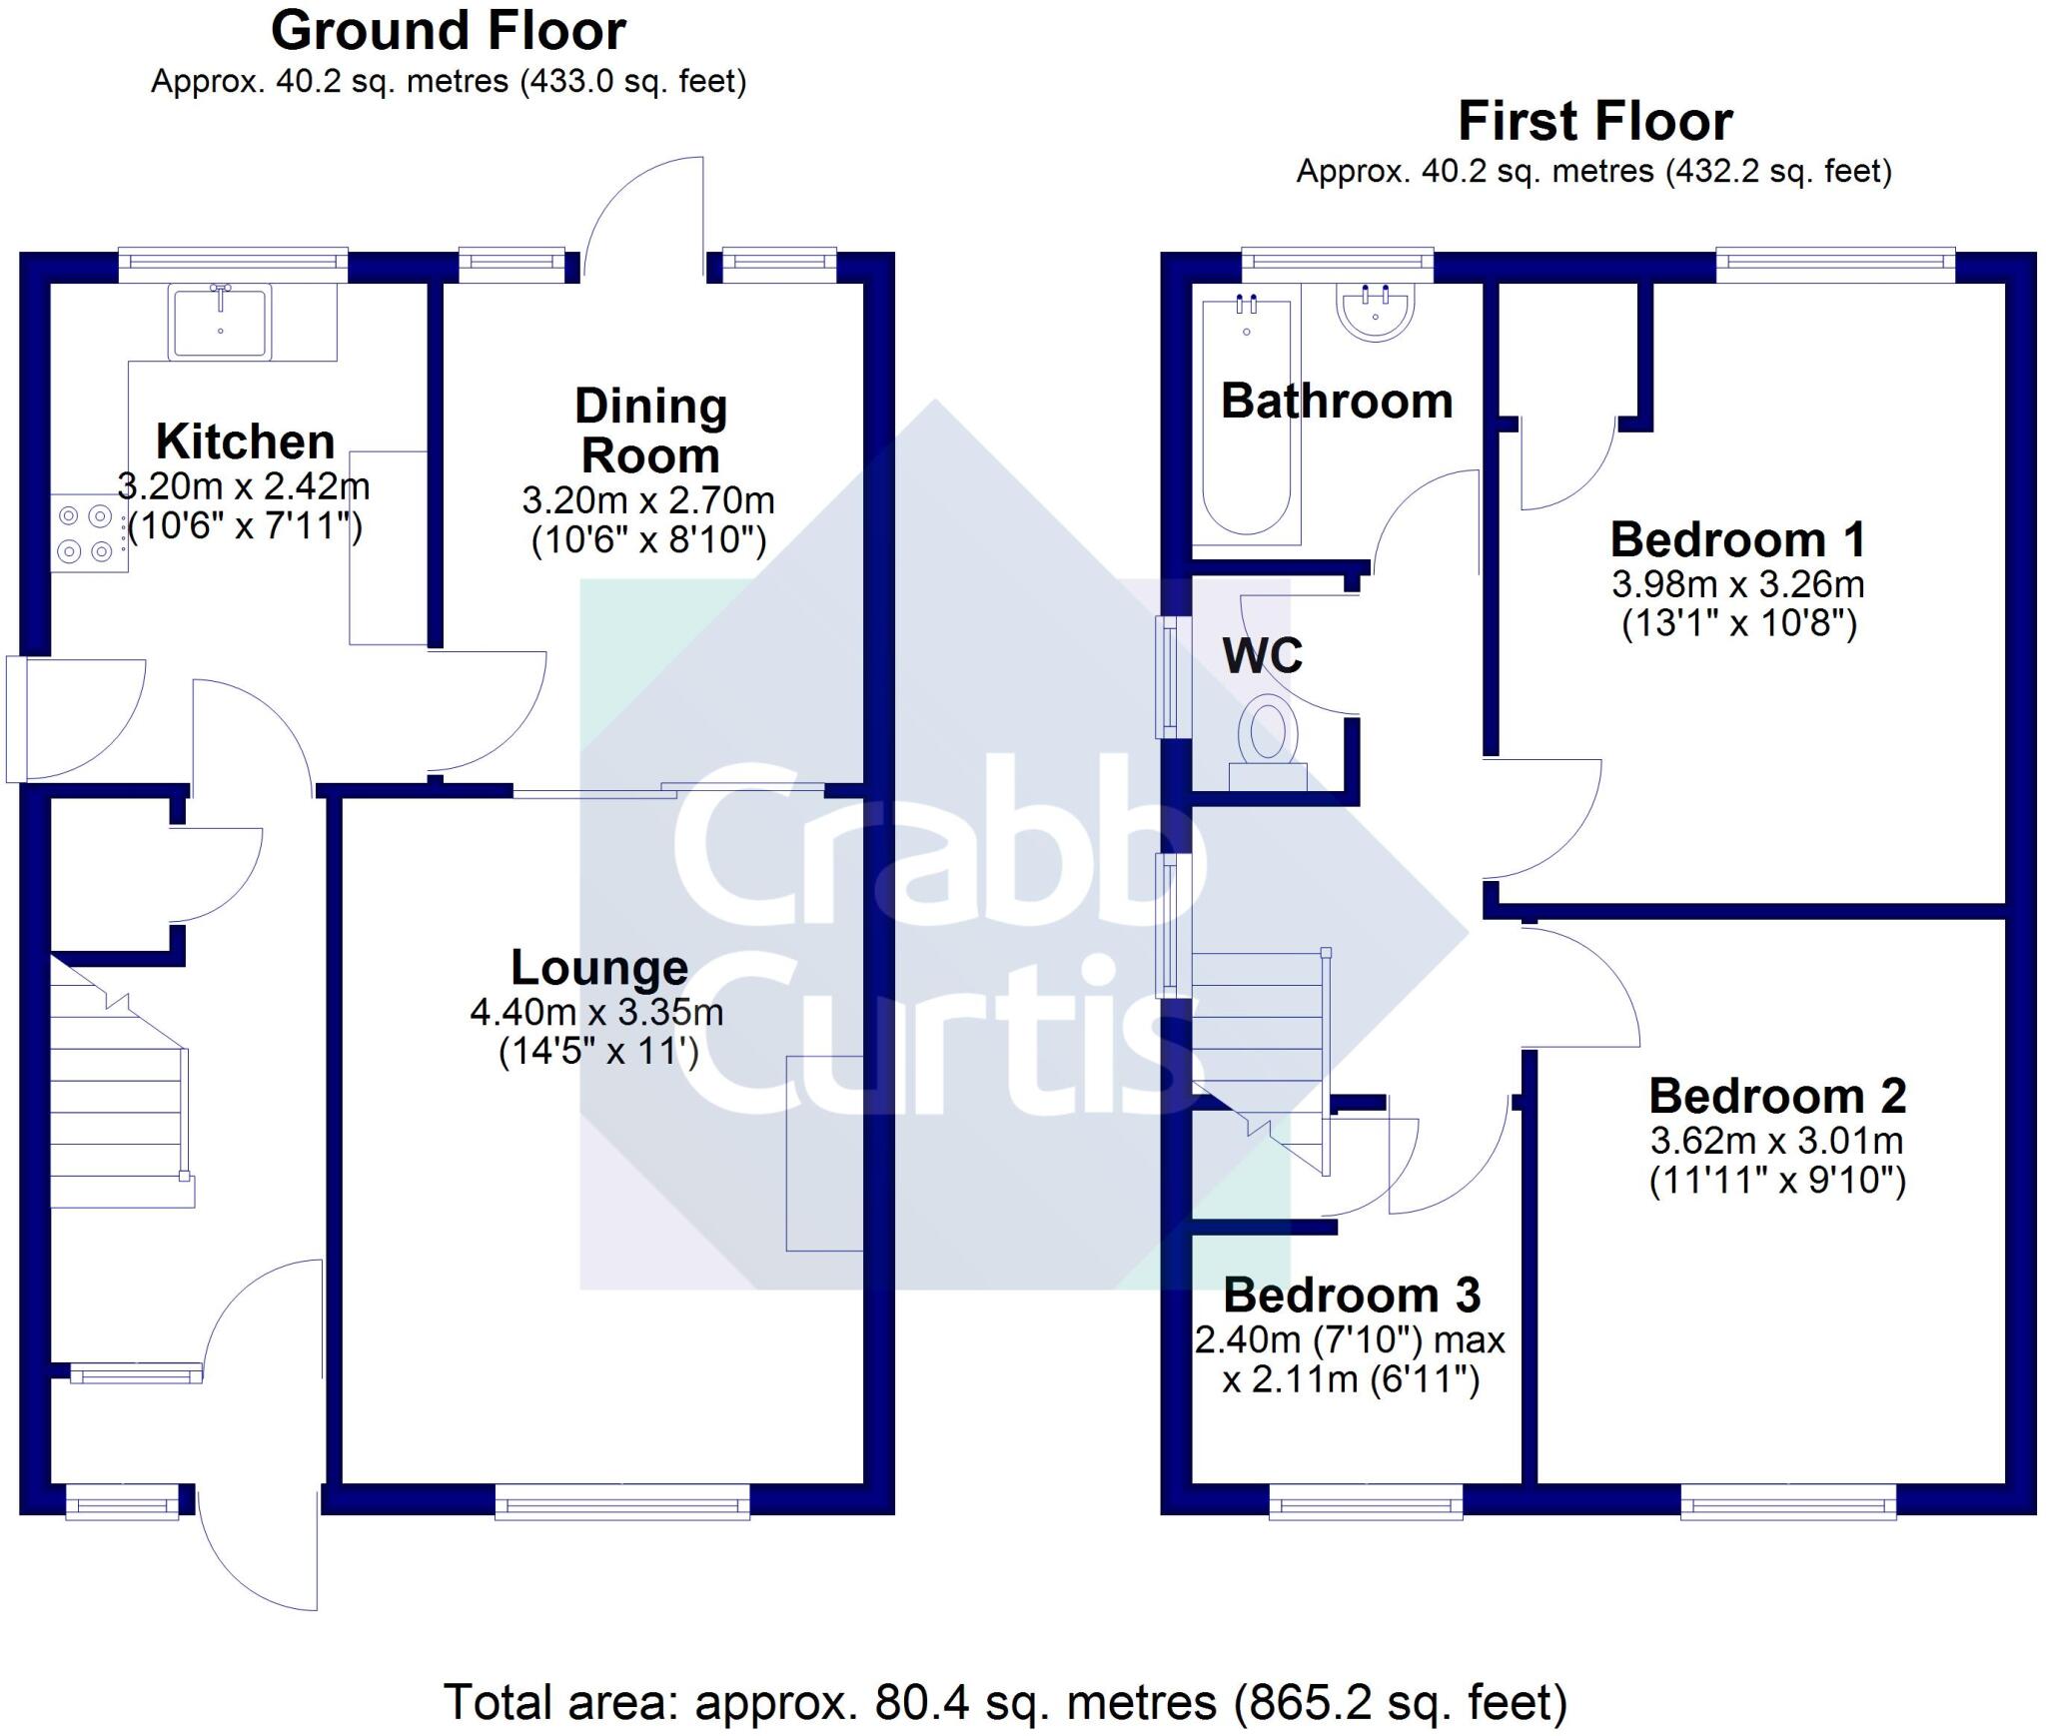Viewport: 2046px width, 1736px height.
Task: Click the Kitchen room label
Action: [x=245, y=441]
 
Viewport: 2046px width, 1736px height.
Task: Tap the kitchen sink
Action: [x=220, y=322]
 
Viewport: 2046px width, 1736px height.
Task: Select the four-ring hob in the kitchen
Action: [x=85, y=533]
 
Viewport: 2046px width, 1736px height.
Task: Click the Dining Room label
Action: [x=650, y=431]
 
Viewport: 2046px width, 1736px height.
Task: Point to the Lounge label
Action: [x=599, y=967]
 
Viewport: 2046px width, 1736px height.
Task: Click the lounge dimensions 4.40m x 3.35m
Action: [x=596, y=1012]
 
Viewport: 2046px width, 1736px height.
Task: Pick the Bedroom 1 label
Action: [x=1737, y=539]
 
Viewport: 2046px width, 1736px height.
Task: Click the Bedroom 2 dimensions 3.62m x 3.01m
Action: [x=1776, y=1140]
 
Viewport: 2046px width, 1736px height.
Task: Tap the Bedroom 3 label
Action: [x=1351, y=1296]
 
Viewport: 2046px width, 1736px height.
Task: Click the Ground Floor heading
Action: [x=449, y=31]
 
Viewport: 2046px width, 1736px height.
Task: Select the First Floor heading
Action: [x=1594, y=122]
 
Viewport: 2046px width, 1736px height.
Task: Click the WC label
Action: [x=1263, y=655]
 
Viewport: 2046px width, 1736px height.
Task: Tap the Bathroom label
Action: [x=1337, y=401]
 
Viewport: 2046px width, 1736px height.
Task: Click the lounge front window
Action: [x=621, y=1500]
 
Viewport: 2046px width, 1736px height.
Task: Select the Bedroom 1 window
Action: [x=1835, y=260]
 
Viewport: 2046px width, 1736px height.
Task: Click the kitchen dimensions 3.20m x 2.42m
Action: [x=244, y=486]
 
